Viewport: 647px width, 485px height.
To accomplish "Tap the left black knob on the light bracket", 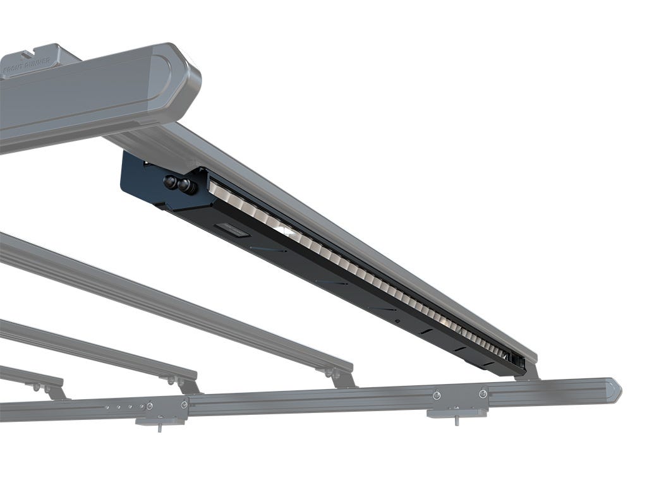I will pos(170,181).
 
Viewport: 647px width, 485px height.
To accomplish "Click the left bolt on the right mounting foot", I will pos(437,395).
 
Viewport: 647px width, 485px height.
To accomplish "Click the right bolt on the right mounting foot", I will pos(483,394).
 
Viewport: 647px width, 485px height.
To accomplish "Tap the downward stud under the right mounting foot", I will pos(456,421).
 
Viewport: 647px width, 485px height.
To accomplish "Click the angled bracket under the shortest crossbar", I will pos(54,391).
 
